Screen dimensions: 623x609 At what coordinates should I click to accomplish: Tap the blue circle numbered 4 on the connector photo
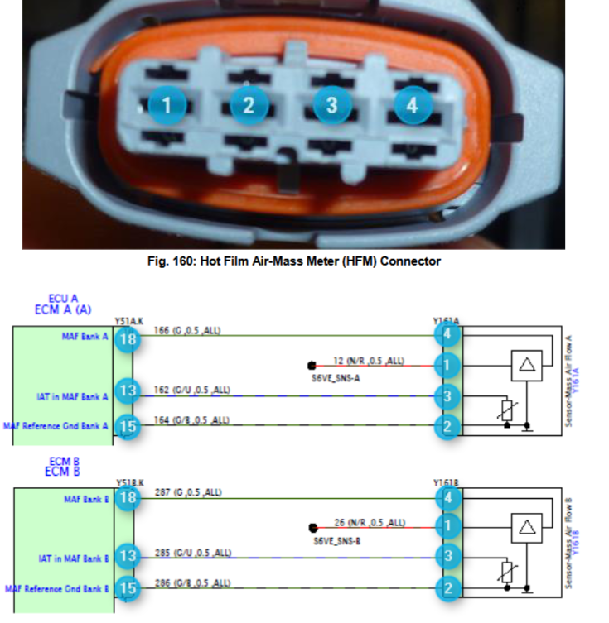pos(412,104)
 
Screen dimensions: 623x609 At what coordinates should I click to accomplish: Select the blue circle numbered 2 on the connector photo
pos(249,105)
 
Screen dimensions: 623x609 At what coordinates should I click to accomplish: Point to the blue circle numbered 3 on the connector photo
pos(331,105)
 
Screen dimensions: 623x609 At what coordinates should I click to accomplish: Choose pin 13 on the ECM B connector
pos(127,555)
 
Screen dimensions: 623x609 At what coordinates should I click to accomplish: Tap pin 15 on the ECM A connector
pos(127,425)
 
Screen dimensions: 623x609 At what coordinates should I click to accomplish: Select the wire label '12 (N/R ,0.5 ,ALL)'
pos(370,360)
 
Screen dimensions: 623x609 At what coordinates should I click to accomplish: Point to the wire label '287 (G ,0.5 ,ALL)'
pos(187,492)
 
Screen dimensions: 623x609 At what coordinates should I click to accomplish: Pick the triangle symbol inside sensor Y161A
pos(525,365)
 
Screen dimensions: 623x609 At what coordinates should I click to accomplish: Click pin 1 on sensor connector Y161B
pos(448,526)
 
